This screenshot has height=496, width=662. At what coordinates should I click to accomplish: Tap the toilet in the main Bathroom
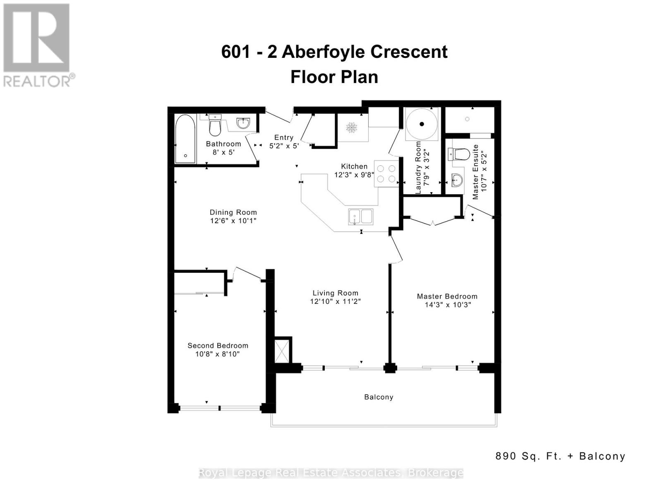(215, 125)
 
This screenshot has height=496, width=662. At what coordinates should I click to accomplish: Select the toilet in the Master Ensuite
(459, 155)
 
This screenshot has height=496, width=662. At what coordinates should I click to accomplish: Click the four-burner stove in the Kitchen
(386, 174)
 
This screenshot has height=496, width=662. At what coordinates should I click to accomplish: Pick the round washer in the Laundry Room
(422, 124)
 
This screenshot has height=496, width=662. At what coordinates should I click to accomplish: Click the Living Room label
(335, 293)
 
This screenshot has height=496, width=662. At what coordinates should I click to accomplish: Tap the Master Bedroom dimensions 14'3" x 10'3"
(448, 305)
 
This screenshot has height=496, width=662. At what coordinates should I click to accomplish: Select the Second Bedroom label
(218, 346)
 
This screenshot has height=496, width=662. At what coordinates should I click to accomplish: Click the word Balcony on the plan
(379, 397)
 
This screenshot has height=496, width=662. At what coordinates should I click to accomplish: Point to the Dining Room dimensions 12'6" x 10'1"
(233, 221)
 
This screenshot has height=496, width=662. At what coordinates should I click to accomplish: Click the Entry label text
(284, 138)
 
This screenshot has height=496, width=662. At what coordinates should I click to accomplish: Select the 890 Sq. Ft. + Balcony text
(560, 456)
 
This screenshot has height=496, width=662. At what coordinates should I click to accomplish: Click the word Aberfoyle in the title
(323, 52)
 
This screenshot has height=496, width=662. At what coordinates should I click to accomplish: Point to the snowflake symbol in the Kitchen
(352, 128)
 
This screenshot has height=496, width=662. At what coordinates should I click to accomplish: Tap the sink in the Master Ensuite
(457, 180)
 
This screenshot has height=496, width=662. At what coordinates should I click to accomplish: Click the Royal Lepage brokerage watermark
(331, 472)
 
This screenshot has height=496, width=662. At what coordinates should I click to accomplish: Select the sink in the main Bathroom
(243, 123)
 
